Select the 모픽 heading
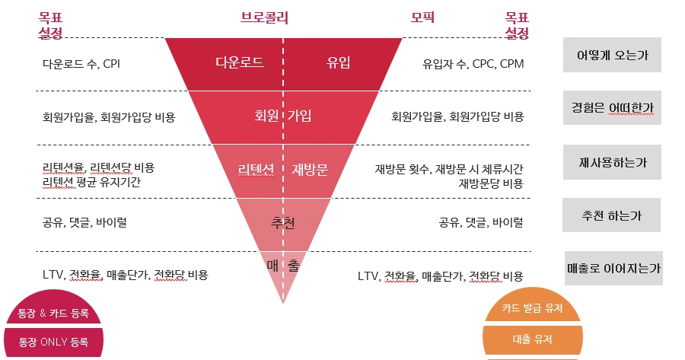click(x=422, y=17)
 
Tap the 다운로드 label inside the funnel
click(x=239, y=62)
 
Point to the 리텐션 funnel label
click(x=256, y=170)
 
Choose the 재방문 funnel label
click(x=310, y=170)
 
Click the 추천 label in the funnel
click(x=283, y=223)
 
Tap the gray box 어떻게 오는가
click(x=612, y=55)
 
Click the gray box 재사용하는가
click(x=612, y=161)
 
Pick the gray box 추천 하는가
click(x=612, y=215)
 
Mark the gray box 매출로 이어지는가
click(x=613, y=269)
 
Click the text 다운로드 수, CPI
click(x=81, y=64)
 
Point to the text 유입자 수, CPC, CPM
click(x=473, y=64)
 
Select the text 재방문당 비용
click(x=491, y=183)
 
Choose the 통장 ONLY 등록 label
click(x=53, y=342)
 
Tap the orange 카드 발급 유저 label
click(x=532, y=309)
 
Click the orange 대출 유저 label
click(x=532, y=339)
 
